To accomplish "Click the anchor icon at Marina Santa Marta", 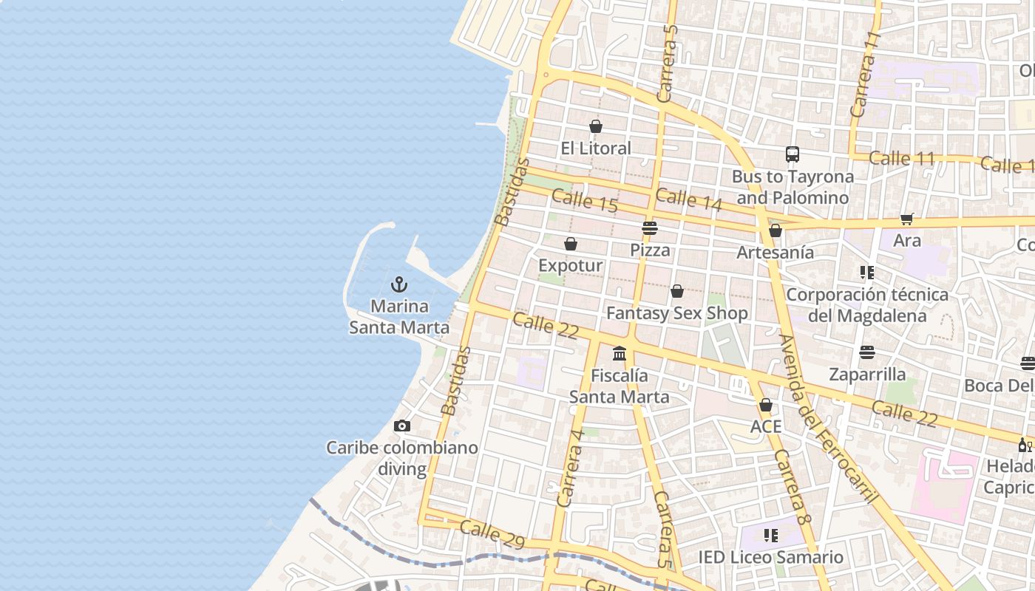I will [x=399, y=284].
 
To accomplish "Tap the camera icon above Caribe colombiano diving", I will [x=402, y=426].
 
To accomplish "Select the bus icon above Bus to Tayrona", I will [x=793, y=154].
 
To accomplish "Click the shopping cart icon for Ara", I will [x=907, y=219].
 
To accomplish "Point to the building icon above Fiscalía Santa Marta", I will [x=620, y=354].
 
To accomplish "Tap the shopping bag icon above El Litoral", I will [x=596, y=126].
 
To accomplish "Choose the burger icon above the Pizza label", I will [x=650, y=228].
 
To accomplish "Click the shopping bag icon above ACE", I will [x=766, y=405].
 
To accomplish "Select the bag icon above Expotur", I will [x=571, y=244].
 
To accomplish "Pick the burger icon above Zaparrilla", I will [x=867, y=352].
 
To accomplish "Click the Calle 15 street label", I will [x=584, y=201].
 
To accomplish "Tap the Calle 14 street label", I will [x=688, y=199].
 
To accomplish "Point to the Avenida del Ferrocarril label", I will [x=828, y=418].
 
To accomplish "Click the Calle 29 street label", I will [x=492, y=536].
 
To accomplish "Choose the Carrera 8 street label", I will [x=793, y=488].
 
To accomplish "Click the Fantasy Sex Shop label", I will [x=677, y=313].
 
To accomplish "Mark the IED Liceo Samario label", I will [x=771, y=557].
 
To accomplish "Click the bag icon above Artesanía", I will [x=776, y=231].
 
